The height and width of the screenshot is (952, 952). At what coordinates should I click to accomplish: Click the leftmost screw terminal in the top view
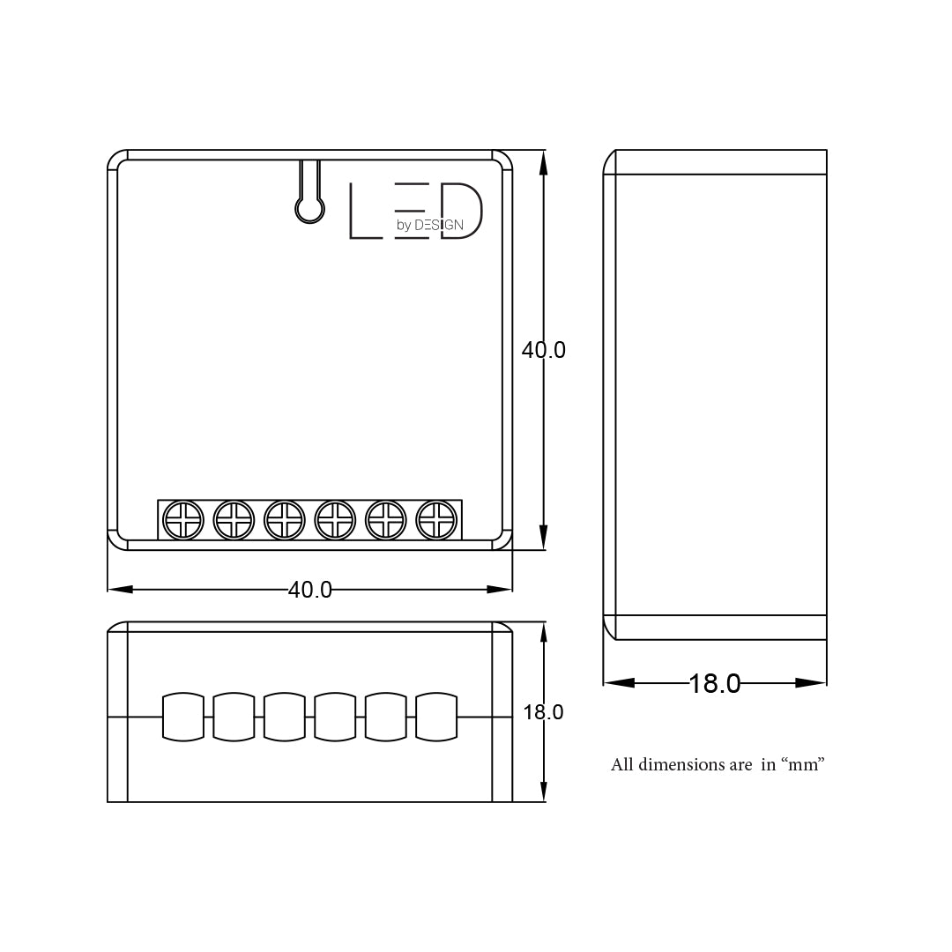coord(184,520)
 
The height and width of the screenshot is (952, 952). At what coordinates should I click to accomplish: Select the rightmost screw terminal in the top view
coord(436,520)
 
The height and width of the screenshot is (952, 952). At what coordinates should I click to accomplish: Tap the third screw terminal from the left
coord(285,520)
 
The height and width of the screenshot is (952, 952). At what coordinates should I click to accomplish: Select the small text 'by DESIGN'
coord(429,225)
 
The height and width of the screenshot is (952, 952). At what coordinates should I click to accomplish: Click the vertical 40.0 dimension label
coord(543,350)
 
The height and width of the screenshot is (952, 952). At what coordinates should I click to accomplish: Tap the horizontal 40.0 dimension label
coord(310,590)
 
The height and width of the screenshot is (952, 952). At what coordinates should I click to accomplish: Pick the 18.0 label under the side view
coord(714,683)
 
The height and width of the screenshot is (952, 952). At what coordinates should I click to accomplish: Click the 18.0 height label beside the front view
coord(543,712)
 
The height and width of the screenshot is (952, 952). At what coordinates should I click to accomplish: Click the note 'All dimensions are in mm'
coord(718,764)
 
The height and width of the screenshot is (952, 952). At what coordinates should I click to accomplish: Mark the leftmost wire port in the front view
coord(183,717)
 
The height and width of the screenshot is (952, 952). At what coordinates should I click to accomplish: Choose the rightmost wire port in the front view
coord(436,717)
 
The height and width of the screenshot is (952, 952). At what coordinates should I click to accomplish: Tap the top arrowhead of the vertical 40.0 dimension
coord(543,162)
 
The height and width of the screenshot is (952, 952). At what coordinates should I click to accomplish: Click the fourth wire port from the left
coord(335,717)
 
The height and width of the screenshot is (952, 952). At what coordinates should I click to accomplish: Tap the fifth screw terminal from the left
coord(386,520)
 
